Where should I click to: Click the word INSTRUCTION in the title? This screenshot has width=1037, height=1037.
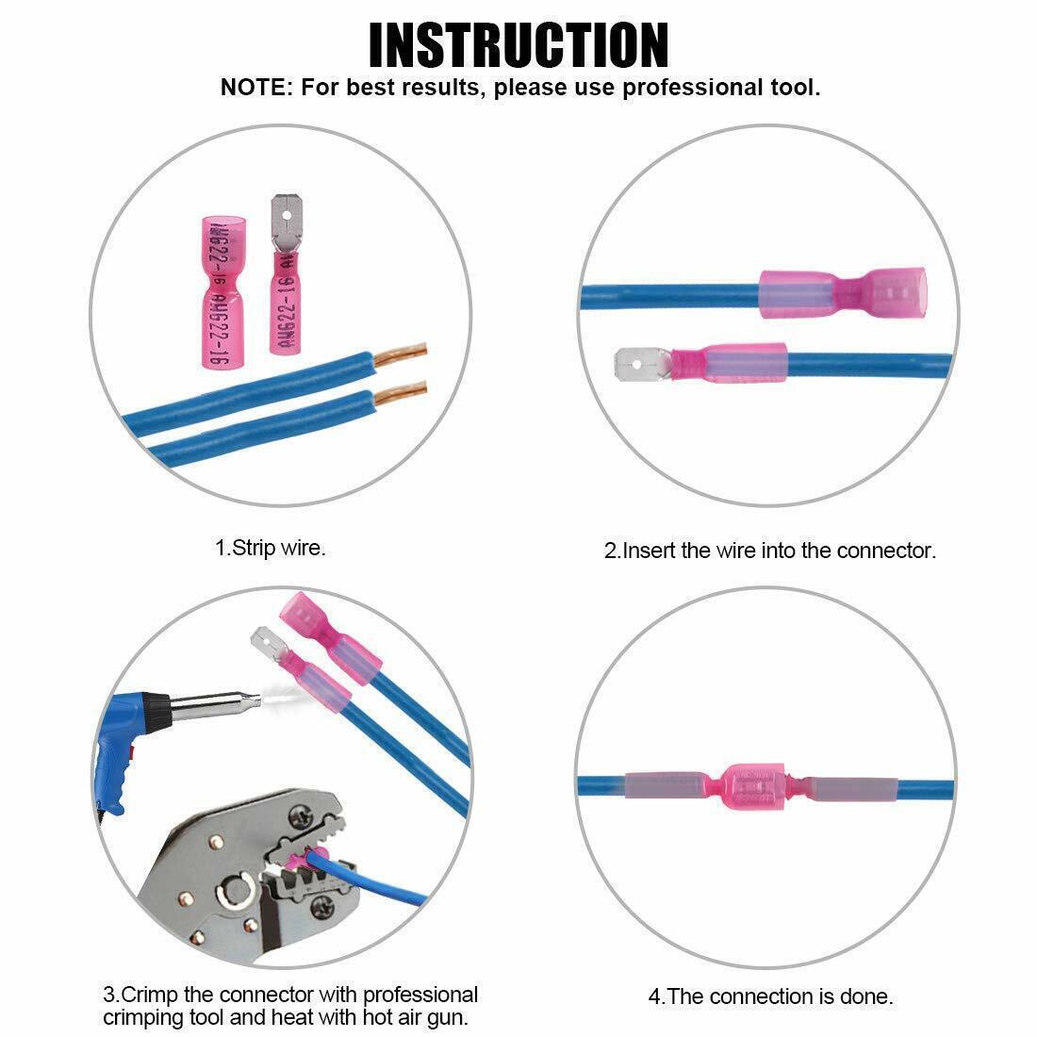point(518,45)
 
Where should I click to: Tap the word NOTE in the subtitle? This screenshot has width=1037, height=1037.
point(254,88)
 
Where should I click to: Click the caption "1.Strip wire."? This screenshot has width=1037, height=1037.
point(271,548)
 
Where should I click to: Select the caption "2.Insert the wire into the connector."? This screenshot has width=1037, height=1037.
point(770,551)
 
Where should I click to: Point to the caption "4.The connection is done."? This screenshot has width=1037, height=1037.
point(770,996)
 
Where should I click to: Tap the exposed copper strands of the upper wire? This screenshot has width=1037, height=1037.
point(400,355)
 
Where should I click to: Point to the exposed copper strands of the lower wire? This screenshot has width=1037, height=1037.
point(400,394)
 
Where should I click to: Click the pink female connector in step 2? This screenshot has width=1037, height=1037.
point(843,292)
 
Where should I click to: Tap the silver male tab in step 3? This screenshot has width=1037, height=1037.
point(269,644)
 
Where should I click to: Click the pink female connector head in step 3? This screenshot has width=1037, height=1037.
point(305,617)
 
